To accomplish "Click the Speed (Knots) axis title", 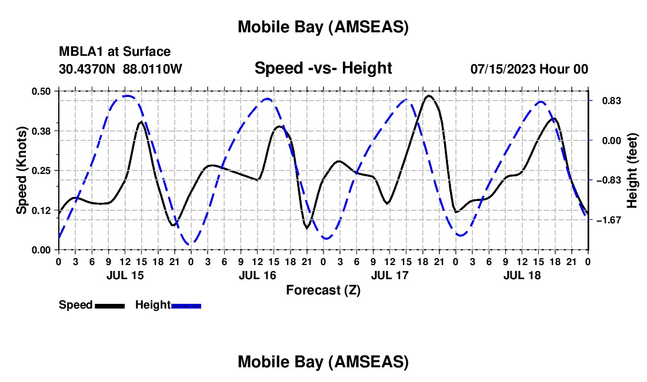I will pyautogui.click(x=22, y=170).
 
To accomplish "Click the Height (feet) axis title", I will pyautogui.click(x=632, y=170).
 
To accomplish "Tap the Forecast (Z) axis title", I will pyautogui.click(x=323, y=290).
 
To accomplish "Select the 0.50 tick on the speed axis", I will pyautogui.click(x=41, y=91).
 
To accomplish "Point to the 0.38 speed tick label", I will pyautogui.click(x=41, y=130).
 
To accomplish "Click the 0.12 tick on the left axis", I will pyautogui.click(x=41, y=210).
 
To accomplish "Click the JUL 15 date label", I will pyautogui.click(x=124, y=275).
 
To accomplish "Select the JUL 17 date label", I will pyautogui.click(x=389, y=275).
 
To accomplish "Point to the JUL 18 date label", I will pyautogui.click(x=521, y=275).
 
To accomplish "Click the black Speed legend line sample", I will pyautogui.click(x=109, y=305).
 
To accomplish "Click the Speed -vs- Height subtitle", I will pyautogui.click(x=323, y=68).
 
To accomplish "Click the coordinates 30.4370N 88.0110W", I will pyautogui.click(x=121, y=69).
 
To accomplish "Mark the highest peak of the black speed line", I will pyautogui.click(x=429, y=96).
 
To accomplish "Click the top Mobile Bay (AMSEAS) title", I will pyautogui.click(x=323, y=26).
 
